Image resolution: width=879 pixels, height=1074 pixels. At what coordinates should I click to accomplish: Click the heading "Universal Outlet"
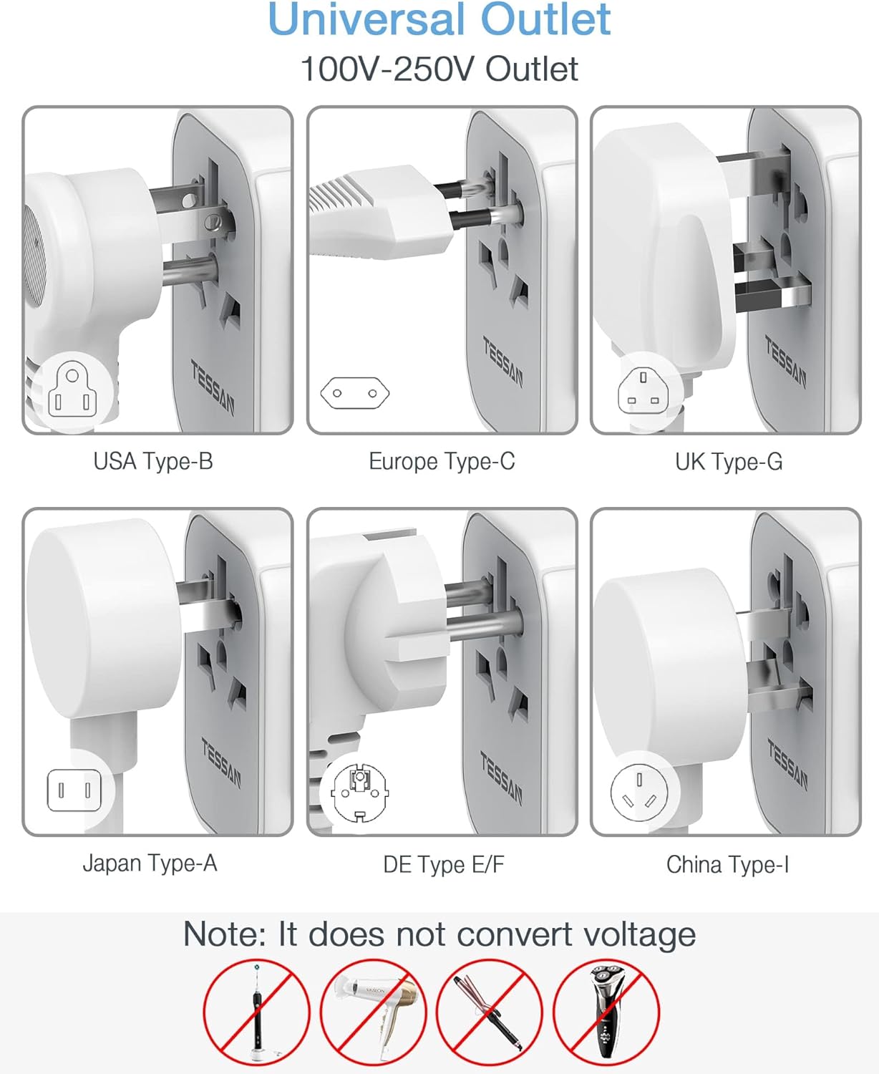tap(439, 19)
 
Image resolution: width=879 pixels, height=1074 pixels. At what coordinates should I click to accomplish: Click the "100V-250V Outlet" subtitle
tap(439, 69)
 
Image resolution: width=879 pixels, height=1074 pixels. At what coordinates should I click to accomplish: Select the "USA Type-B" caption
tap(153, 461)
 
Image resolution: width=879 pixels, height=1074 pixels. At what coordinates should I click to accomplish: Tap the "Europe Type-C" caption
tap(442, 461)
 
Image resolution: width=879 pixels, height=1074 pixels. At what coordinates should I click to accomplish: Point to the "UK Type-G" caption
tap(729, 462)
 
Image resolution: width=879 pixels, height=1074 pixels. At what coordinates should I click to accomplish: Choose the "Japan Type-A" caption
tap(150, 863)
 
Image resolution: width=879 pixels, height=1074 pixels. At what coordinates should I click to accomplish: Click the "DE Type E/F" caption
tap(444, 864)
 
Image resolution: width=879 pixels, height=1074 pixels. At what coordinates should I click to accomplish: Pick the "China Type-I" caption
tap(727, 864)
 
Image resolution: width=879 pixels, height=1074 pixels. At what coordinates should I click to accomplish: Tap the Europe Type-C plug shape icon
tap(355, 393)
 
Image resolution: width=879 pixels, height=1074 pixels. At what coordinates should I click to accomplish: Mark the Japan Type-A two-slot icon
tap(74, 790)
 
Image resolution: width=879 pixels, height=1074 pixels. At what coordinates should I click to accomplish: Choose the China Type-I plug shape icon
tap(639, 792)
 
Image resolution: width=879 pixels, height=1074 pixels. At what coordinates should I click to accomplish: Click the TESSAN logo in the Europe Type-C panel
tap(502, 362)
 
